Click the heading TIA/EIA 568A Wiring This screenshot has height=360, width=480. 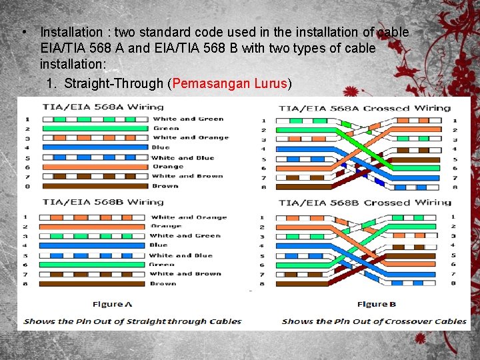click(103, 107)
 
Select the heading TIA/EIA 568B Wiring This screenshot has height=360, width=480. click(103, 201)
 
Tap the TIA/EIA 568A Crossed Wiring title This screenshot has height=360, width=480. click(365, 108)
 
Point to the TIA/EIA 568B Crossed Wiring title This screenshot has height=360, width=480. click(365, 203)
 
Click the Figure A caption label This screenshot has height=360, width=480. click(112, 304)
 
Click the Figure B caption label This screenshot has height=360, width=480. click(377, 304)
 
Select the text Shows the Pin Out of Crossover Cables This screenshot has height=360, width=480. click(374, 321)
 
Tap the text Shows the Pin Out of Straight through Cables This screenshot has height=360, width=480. click(133, 321)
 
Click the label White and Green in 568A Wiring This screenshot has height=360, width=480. click(188, 119)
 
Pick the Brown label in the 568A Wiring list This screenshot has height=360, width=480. click(165, 186)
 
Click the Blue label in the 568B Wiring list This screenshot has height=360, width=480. click(159, 245)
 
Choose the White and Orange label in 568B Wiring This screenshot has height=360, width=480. click(188, 217)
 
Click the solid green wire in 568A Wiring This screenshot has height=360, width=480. click(95, 128)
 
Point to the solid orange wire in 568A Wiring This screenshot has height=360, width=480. click(95, 167)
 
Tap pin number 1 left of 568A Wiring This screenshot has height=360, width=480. click(27, 119)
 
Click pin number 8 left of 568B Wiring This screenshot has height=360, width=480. click(25, 284)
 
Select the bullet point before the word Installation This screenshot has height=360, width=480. click(23, 32)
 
